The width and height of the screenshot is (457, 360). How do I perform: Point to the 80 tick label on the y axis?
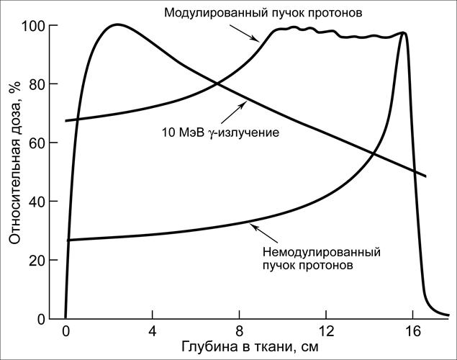click(45, 84)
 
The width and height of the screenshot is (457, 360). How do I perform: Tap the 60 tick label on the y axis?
click(45, 143)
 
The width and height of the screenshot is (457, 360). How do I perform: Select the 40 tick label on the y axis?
click(45, 202)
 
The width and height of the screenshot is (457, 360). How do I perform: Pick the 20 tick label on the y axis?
click(45, 260)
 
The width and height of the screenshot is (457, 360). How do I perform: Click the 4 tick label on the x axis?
click(152, 333)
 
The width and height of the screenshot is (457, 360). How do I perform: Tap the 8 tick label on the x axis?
click(239, 333)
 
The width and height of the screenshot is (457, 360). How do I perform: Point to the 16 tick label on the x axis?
click(412, 333)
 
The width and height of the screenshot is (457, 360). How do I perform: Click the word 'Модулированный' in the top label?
click(209, 12)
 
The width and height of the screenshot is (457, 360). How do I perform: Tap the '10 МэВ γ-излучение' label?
click(216, 132)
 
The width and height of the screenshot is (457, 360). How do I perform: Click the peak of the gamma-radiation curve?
click(116, 24)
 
